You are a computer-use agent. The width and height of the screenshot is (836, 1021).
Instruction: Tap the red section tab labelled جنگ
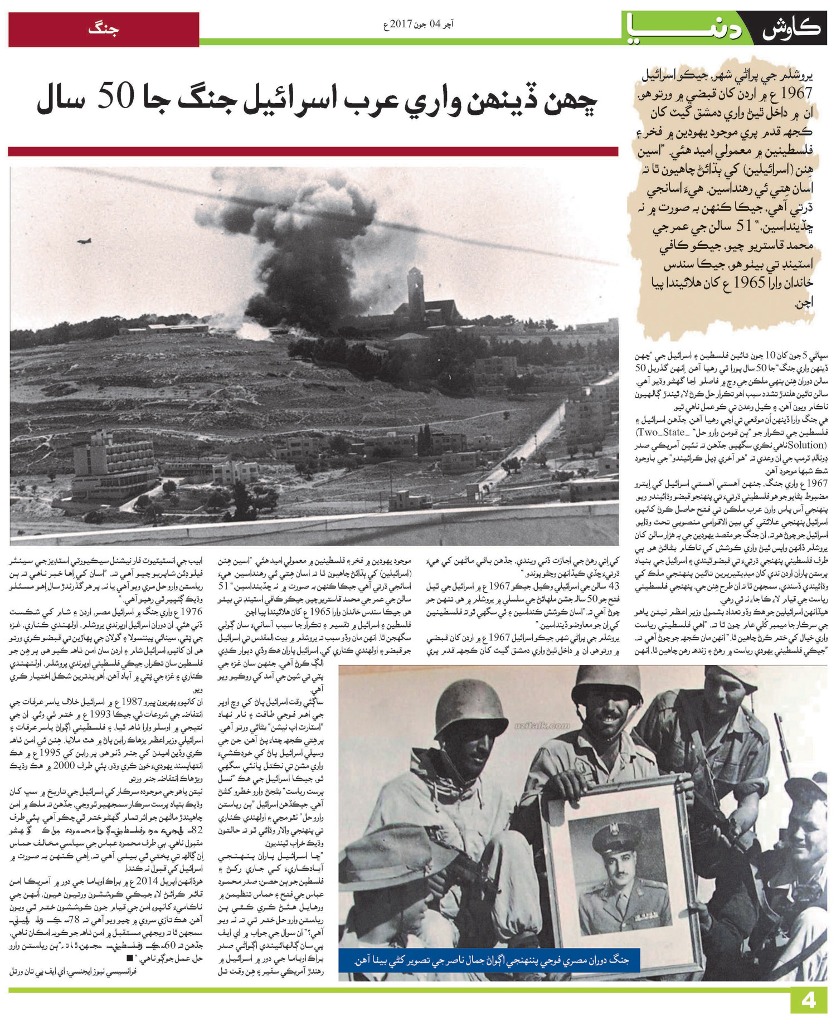[x=104, y=29]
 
